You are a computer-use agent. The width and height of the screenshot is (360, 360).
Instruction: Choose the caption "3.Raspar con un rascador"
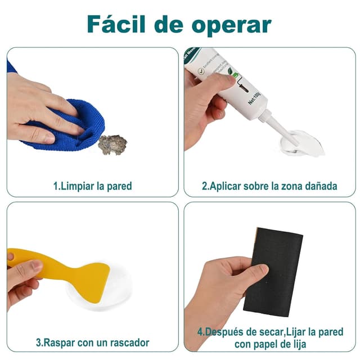[x=92, y=342]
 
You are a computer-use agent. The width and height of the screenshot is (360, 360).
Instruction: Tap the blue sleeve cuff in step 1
[x=12, y=66]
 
